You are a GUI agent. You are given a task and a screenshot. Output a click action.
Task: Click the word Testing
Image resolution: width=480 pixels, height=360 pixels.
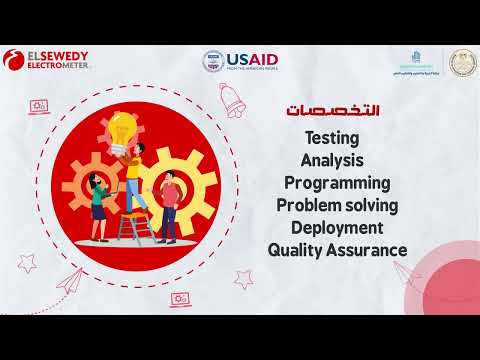pos(330,137)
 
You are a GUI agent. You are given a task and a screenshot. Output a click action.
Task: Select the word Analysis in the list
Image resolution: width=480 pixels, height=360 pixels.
pos(331,160)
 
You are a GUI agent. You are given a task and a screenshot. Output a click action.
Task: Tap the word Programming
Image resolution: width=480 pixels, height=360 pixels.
pos(337,183)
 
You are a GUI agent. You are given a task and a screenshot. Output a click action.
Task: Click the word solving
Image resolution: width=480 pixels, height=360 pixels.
pos(371,206)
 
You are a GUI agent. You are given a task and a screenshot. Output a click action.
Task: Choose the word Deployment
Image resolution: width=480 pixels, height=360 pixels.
pos(338,228)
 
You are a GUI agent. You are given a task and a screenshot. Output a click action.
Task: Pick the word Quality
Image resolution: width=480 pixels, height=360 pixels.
pos(297,250)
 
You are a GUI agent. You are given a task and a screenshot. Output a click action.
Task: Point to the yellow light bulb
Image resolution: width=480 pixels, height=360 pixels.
pos(123,128)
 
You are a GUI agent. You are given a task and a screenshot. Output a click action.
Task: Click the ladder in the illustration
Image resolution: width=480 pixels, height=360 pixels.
pos(131,225)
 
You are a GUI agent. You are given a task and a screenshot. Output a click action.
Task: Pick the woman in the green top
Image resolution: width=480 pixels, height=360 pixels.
pos(97,200)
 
